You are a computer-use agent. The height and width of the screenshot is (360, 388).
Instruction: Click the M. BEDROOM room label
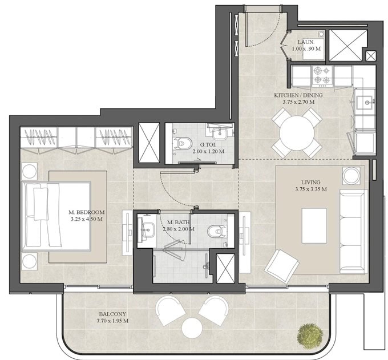click(86, 212)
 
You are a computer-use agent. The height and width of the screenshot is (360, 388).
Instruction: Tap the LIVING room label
click(310, 183)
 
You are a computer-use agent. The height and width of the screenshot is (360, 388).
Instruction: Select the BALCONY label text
click(112, 314)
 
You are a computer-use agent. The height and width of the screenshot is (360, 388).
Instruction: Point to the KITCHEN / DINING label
click(298, 95)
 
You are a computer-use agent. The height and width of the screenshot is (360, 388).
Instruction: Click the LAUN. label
click(306, 42)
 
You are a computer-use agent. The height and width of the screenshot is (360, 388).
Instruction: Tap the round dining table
click(297, 133)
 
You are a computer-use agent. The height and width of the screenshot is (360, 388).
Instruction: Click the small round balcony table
click(192, 328)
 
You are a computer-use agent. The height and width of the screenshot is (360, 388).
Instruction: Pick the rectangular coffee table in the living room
click(314, 226)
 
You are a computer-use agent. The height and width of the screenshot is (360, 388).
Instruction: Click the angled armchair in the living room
click(282, 266)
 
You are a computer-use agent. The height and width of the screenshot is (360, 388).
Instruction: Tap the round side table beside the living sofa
click(351, 175)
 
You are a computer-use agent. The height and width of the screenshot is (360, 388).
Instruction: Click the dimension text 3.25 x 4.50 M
click(86, 219)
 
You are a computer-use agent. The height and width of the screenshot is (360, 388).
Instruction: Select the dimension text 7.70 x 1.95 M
click(112, 321)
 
